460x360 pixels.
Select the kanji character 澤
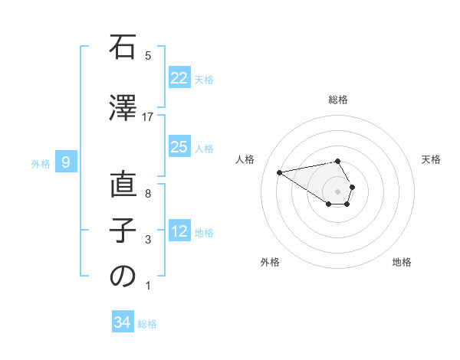pyautogui.click(x=123, y=109)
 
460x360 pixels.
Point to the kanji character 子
pyautogui.click(x=123, y=231)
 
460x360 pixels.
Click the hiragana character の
pyautogui.click(x=123, y=277)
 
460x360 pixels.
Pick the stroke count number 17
pyautogui.click(x=148, y=117)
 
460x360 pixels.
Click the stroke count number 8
pyautogui.click(x=148, y=194)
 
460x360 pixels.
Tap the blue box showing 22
pyautogui.click(x=179, y=78)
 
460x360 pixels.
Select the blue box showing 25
pyautogui.click(x=179, y=147)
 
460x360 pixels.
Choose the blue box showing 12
pyautogui.click(x=179, y=231)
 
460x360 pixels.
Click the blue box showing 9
pyautogui.click(x=66, y=162)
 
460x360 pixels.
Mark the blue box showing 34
pyautogui.click(x=123, y=322)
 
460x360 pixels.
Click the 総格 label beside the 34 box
pyautogui.click(x=147, y=324)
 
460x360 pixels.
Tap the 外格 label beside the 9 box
pyautogui.click(x=41, y=163)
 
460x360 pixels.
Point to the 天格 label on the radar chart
pyautogui.click(x=431, y=159)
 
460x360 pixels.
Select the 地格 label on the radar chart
pyautogui.click(x=402, y=262)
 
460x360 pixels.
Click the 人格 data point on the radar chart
pyautogui.click(x=279, y=172)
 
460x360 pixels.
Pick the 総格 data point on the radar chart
pyautogui.click(x=337, y=161)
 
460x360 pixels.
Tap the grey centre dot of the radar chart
pyautogui.click(x=337, y=191)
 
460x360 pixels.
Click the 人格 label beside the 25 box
pyautogui.click(x=204, y=149)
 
